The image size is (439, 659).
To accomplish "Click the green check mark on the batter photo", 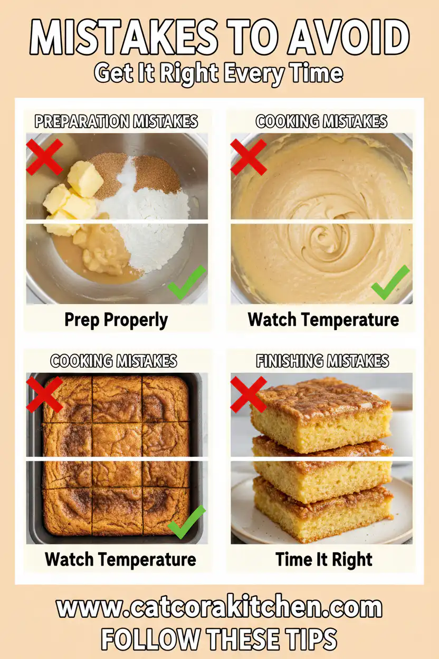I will tap(390, 283).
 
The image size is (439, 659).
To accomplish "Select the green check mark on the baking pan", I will tap(186, 522).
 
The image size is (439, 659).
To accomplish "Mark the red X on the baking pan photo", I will tap(45, 394).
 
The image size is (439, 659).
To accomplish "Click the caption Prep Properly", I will tap(116, 319).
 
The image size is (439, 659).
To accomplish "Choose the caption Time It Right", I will tap(324, 559).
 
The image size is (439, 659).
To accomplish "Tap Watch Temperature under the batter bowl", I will tap(323, 319).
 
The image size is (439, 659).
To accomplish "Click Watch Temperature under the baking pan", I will tap(120, 559).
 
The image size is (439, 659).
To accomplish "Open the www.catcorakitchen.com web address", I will tap(219, 608).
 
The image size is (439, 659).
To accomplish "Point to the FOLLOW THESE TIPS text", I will tap(219, 639).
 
